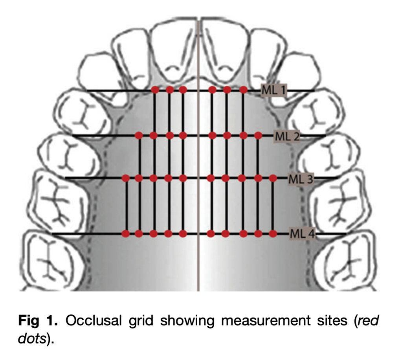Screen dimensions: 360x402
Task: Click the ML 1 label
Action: coord(274,91)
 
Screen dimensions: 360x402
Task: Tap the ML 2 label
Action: coord(287,136)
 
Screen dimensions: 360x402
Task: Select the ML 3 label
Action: coord(301,179)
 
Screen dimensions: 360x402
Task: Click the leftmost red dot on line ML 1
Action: coord(155,90)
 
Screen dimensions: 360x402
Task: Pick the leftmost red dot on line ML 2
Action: coord(138,136)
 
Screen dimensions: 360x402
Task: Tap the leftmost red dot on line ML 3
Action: coord(126,178)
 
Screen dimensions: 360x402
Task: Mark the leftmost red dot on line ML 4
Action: coord(126,234)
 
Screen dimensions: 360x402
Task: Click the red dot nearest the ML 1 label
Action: coord(243,90)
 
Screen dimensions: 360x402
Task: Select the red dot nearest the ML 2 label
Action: coord(258,136)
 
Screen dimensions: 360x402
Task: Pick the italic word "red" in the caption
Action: coord(368,321)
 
